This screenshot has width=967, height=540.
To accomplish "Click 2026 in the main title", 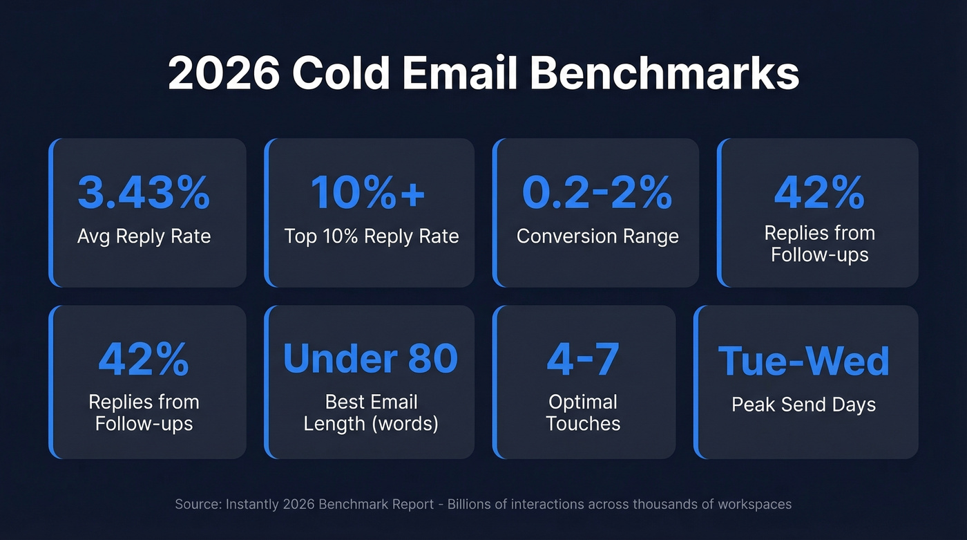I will (223, 74).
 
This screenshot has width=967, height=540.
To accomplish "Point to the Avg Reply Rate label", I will (144, 236).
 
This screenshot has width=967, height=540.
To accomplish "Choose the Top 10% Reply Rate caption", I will (372, 236).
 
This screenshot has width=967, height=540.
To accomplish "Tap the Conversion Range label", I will (597, 236).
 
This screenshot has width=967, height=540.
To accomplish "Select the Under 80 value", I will (370, 358).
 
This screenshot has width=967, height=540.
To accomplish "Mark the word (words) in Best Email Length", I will (405, 423).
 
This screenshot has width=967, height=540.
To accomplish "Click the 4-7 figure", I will (583, 358).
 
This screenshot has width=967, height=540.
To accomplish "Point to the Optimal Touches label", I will (583, 413).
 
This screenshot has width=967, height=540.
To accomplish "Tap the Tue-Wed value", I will (804, 361).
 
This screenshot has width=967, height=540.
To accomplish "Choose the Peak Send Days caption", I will (804, 405).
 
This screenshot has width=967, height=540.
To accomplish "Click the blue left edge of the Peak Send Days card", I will (697, 382).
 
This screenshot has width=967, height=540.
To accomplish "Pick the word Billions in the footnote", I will (471, 504).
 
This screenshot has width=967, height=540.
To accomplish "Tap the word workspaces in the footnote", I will (758, 504).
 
